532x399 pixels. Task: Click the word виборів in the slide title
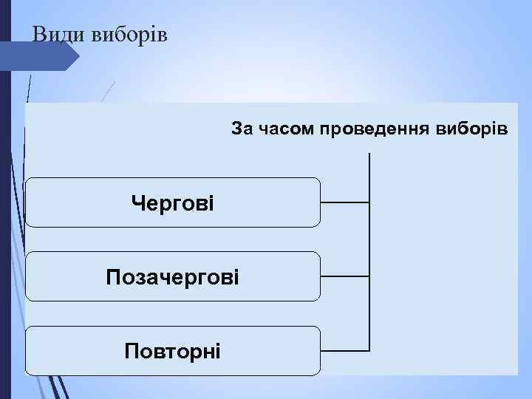pyautogui.click(x=130, y=35)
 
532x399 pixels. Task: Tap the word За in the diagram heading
pyautogui.click(x=242, y=130)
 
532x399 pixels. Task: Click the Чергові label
pyautogui.click(x=172, y=202)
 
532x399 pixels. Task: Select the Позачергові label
pyautogui.click(x=172, y=278)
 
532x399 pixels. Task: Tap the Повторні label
pyautogui.click(x=172, y=349)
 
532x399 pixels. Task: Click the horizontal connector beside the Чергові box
pyautogui.click(x=345, y=202)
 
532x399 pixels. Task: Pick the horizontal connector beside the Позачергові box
pyautogui.click(x=345, y=276)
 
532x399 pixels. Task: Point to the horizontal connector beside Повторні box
pyautogui.click(x=345, y=349)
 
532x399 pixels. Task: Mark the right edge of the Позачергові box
pyautogui.click(x=321, y=276)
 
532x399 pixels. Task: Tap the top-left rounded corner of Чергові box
pyautogui.click(x=30, y=181)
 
